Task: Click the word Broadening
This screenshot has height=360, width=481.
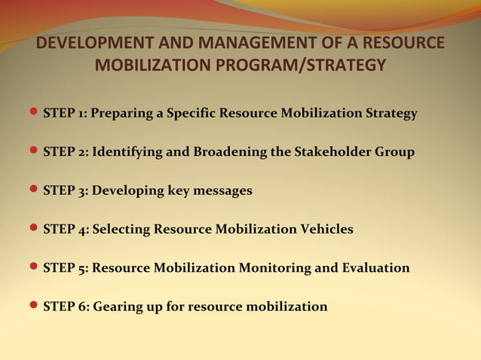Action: pyautogui.click(x=229, y=152)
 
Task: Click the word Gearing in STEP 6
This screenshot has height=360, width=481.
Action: pyautogui.click(x=117, y=307)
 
